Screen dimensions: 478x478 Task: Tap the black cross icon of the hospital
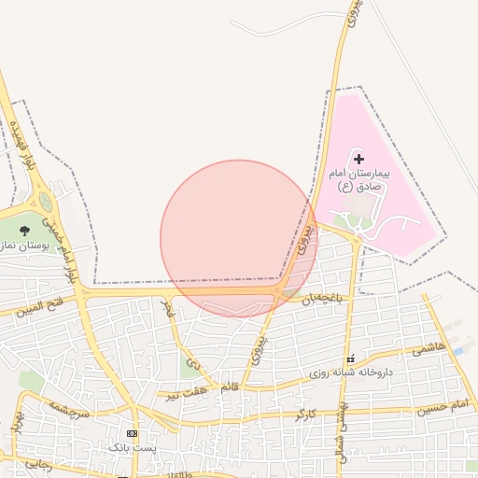click(358, 161)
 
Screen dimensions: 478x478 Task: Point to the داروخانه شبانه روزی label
click(351, 373)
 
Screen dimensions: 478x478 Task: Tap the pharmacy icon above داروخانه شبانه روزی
click(350, 359)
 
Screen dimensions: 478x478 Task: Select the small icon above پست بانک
click(132, 434)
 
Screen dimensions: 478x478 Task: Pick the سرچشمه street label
click(69, 407)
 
